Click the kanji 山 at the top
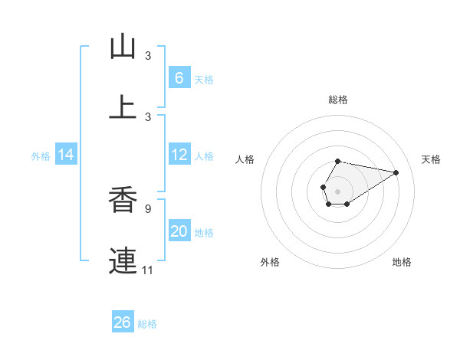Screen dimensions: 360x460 (x=123, y=47)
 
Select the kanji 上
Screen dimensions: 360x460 (x=123, y=106)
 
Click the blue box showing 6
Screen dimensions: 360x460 (x=179, y=78)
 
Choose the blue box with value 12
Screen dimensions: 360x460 (x=179, y=155)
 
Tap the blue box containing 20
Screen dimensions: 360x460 (x=179, y=231)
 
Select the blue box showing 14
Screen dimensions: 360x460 (x=65, y=155)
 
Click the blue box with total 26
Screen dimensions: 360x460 (x=122, y=322)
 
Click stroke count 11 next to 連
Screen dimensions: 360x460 (x=148, y=270)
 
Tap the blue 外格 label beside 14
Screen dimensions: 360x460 (x=41, y=155)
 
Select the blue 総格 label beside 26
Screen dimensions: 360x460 (x=147, y=324)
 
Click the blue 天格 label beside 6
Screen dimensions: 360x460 (x=204, y=79)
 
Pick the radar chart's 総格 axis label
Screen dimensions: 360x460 (x=337, y=100)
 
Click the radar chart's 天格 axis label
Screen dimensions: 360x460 (x=431, y=159)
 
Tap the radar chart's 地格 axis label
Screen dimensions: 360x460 (x=402, y=262)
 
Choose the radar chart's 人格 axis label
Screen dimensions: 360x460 (x=245, y=159)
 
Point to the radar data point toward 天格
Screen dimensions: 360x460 (x=396, y=172)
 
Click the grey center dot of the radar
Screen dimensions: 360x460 (x=337, y=190)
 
